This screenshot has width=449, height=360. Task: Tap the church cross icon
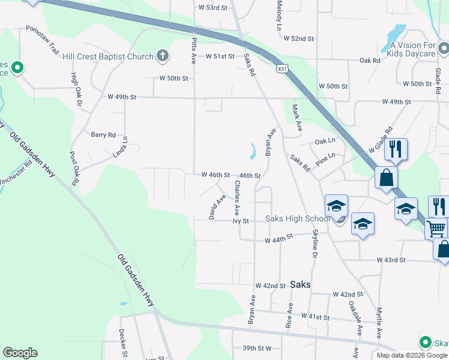tap(162, 57)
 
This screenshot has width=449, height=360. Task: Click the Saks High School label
tap(298, 218)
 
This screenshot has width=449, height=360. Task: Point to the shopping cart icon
tap(436, 228)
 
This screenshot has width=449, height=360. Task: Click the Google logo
tap(20, 353)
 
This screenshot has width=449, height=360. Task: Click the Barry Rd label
tap(103, 135)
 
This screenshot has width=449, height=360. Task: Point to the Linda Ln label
tap(125, 148)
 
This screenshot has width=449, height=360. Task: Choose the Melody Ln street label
tap(279, 16)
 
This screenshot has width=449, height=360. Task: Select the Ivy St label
tap(241, 221)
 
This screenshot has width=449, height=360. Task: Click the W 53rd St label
tap(213, 8)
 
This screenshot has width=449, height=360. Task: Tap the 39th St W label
tap(257, 348)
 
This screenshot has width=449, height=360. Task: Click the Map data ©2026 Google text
tap(412, 355)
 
